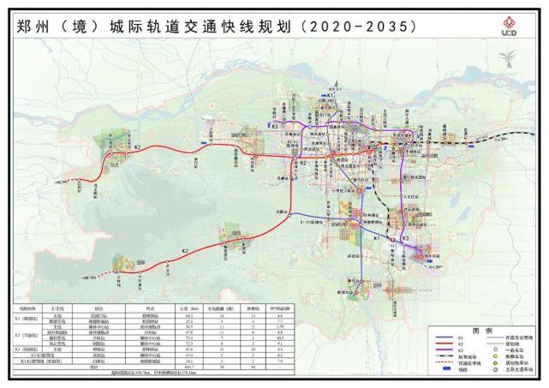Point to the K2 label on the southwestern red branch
click(184, 250)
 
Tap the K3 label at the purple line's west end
click(277, 126)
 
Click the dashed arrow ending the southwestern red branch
click(92, 275)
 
